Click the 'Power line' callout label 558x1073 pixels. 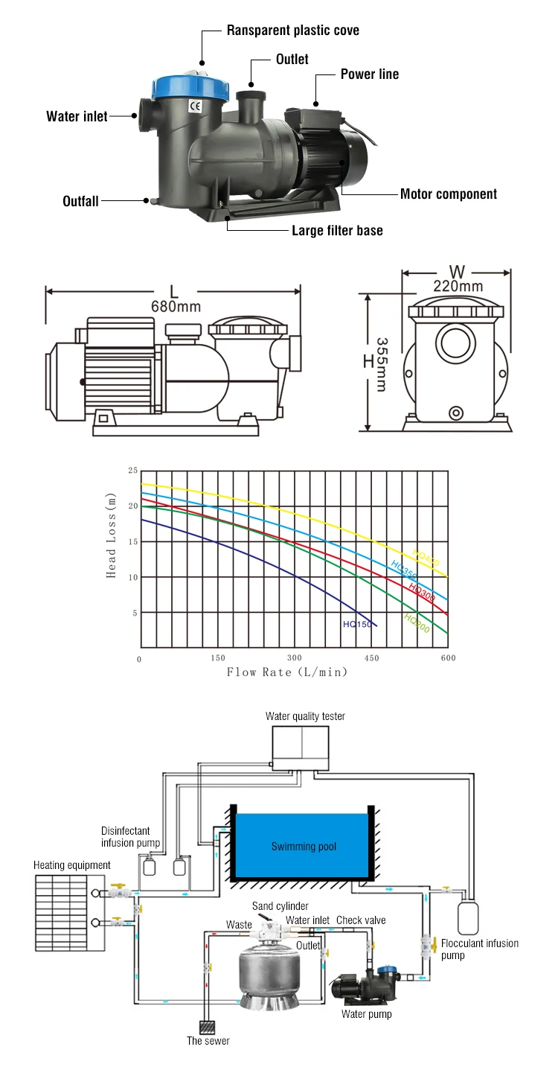[x=370, y=74]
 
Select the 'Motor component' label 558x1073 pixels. [x=449, y=194]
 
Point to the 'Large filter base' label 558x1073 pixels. [x=337, y=230]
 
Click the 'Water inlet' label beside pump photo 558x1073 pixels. [x=77, y=116]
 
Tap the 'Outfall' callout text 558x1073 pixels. [x=80, y=201]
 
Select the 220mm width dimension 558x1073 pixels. [x=458, y=285]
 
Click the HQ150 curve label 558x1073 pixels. [x=357, y=624]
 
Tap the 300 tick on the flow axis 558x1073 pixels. [x=295, y=658]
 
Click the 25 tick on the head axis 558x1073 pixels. [x=133, y=471]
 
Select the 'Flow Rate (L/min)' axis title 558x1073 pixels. [x=287, y=672]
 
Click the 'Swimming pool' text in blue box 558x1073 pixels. [x=304, y=847]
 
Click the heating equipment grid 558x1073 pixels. [x=70, y=911]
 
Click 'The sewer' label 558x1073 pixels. [x=208, y=1041]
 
